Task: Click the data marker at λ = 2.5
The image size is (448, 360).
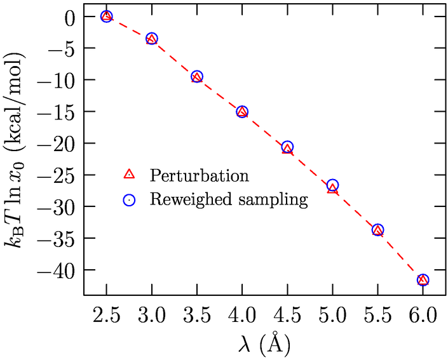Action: (x=107, y=17)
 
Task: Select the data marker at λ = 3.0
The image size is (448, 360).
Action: (x=152, y=39)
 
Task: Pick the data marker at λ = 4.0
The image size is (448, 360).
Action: (x=242, y=112)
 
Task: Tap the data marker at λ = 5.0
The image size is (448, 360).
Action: (x=332, y=186)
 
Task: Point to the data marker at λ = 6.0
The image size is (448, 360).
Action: (x=423, y=280)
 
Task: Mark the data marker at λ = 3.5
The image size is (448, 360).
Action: (x=197, y=77)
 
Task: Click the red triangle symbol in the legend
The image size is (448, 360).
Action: (x=129, y=174)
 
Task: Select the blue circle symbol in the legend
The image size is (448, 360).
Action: (x=129, y=199)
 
